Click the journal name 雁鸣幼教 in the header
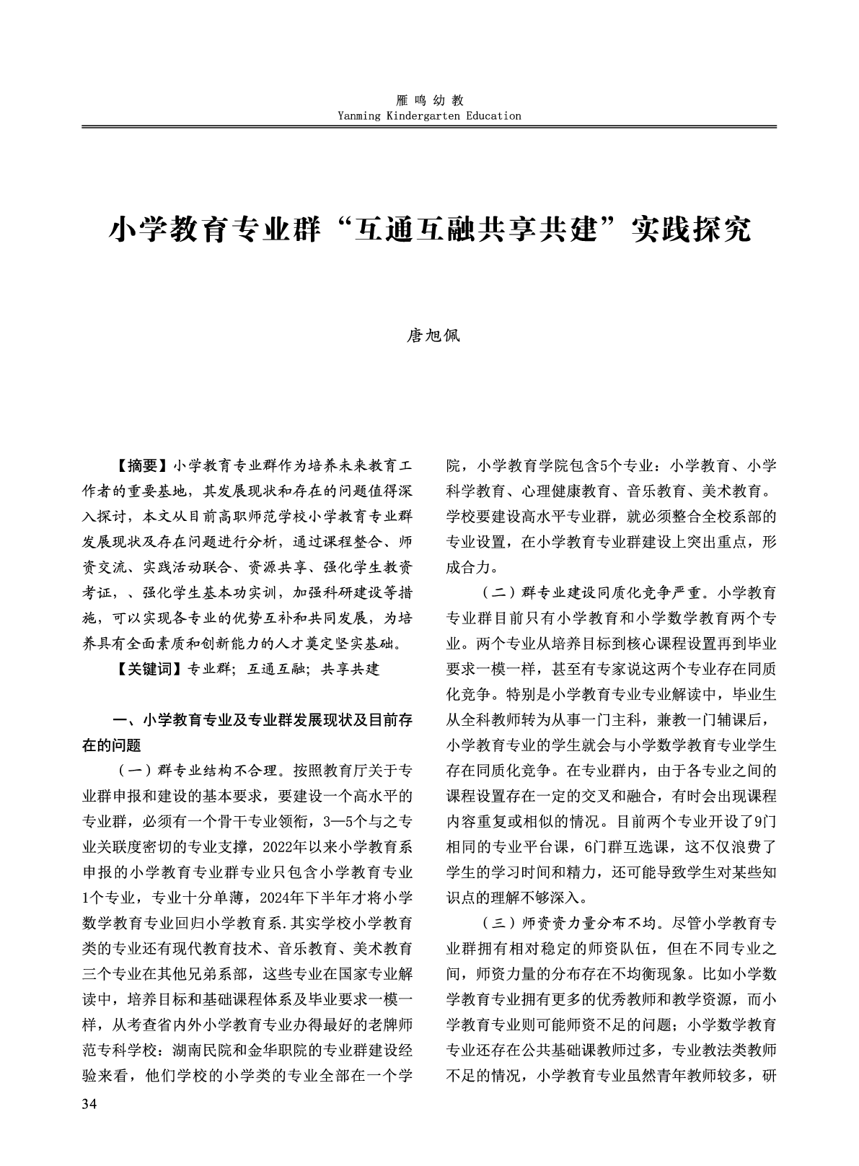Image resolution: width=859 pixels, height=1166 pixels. pyautogui.click(x=430, y=100)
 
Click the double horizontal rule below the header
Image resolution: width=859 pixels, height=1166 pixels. pyautogui.click(x=429, y=127)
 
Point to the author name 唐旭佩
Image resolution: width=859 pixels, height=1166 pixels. pyautogui.click(x=430, y=336)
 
